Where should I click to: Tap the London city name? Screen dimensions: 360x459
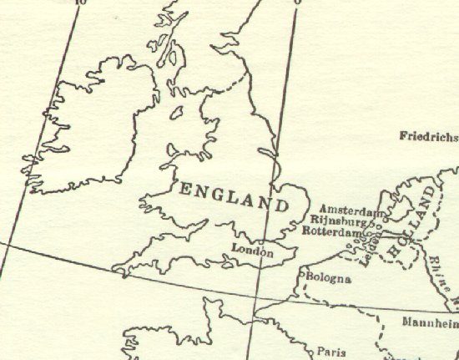tap(253, 250)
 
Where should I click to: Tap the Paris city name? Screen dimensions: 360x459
tap(332, 352)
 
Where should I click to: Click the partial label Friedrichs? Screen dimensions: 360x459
tap(429, 136)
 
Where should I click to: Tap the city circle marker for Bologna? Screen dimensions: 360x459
tap(303, 273)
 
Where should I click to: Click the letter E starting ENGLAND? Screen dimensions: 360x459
tap(186, 189)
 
